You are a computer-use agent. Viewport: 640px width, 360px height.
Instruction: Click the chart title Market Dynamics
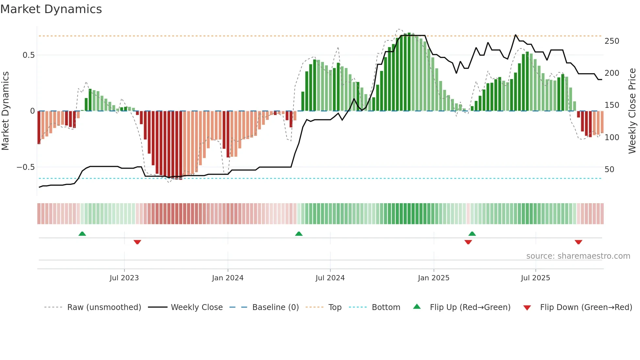(x=51, y=9)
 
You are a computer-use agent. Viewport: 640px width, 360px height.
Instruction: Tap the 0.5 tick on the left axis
(x=28, y=55)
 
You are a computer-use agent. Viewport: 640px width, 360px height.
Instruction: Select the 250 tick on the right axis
(x=612, y=41)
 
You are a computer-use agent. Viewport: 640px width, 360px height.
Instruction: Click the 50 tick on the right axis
(x=609, y=170)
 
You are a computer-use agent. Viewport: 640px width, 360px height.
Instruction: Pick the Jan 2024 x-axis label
(x=228, y=278)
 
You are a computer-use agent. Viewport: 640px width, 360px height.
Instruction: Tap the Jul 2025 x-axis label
(x=535, y=278)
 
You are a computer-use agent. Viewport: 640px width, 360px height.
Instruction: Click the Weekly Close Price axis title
(x=632, y=111)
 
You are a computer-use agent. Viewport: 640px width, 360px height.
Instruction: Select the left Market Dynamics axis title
(x=5, y=111)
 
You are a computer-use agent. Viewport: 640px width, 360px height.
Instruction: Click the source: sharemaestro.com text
(x=578, y=256)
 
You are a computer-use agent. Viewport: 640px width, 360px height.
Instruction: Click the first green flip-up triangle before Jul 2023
(x=82, y=234)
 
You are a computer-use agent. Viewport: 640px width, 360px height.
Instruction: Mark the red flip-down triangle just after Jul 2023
(x=137, y=242)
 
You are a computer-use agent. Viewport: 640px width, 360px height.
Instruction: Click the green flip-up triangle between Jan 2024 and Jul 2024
(x=299, y=234)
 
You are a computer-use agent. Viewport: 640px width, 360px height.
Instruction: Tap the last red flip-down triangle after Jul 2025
(x=578, y=242)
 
